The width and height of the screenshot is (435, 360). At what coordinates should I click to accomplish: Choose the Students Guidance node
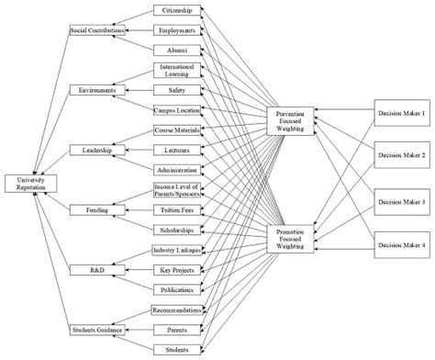[96, 329]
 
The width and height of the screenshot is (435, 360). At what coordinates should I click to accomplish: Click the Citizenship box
[177, 11]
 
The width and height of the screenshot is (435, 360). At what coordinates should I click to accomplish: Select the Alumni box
[177, 51]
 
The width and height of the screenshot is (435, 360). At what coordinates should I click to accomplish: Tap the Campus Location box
[177, 110]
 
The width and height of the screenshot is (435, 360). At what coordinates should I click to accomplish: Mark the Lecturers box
[177, 150]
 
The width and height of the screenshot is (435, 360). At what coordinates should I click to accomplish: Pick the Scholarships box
[177, 230]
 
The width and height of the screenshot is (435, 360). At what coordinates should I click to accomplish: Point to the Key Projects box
[177, 270]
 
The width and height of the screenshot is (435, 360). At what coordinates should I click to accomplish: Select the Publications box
[177, 289]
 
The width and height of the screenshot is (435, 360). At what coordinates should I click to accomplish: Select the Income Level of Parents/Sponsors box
[177, 190]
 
